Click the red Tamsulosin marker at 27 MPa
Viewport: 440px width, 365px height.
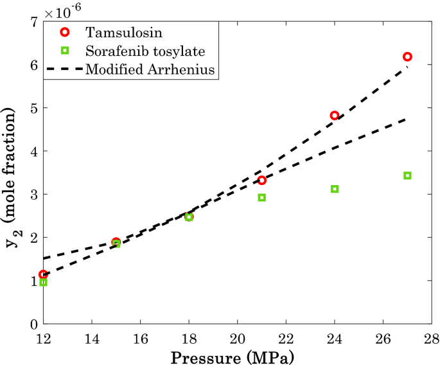tap(407, 57)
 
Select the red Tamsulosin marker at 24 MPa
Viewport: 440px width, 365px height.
tap(335, 115)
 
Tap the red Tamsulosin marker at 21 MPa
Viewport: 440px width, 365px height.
tap(262, 180)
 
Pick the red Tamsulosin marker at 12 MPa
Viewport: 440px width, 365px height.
tap(43, 274)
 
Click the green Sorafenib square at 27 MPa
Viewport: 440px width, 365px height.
tap(407, 175)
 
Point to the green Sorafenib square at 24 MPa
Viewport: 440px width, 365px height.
tap(335, 189)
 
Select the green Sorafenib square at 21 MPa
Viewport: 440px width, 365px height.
tap(262, 197)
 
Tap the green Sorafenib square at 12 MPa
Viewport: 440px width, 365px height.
tap(43, 282)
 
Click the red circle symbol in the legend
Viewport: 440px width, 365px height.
tap(63, 32)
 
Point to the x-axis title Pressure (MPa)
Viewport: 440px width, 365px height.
tap(237, 355)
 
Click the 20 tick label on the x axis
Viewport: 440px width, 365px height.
tap(238, 338)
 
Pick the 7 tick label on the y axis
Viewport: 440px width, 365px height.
tap(32, 22)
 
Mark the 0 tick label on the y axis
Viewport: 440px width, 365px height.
tap(32, 324)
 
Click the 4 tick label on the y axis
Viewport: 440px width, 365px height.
tap(32, 152)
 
